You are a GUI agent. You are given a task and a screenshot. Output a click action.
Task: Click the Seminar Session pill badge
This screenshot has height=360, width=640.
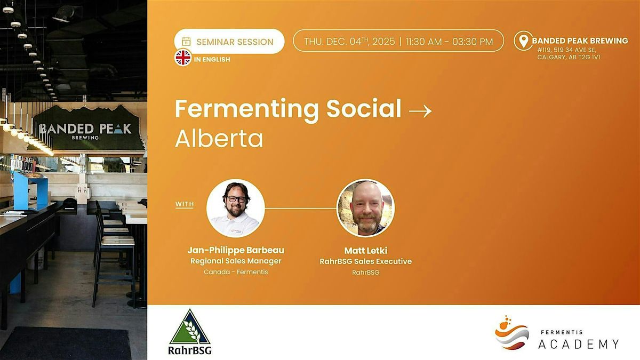pos(229,42)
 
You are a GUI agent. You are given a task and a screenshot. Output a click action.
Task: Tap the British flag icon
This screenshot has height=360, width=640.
pos(183,58)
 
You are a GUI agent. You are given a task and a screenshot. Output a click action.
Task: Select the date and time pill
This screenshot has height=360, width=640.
pos(398,41)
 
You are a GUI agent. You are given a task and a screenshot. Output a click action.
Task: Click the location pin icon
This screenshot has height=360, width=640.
pos(523,41)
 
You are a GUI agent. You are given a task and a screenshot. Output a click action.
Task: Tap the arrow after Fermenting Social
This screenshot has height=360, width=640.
pos(420,111)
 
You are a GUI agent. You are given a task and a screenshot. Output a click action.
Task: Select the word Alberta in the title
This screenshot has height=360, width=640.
pos(219,139)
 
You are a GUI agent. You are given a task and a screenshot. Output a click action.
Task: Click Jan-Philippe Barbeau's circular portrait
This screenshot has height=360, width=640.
pos(235,208)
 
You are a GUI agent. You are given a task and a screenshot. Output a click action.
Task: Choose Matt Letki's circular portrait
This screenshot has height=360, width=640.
pos(365,208)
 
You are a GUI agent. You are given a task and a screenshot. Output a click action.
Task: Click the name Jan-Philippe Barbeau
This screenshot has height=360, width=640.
pos(236,250)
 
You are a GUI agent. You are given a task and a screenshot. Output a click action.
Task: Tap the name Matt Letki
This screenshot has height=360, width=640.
pos(365,250)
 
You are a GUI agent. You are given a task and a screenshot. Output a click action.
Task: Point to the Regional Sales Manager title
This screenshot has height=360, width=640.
pos(236,261)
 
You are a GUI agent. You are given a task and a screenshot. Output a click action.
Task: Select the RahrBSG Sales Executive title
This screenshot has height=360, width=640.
pos(365,261)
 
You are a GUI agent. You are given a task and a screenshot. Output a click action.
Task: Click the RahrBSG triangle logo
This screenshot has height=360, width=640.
pos(190,328)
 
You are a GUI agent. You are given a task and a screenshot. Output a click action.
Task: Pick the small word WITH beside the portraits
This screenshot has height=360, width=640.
pos(185,204)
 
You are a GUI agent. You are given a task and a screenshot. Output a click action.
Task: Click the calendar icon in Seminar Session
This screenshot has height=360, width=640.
pos(186,42)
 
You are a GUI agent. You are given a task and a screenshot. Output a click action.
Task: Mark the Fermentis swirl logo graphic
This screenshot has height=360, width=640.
pos(511,333)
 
